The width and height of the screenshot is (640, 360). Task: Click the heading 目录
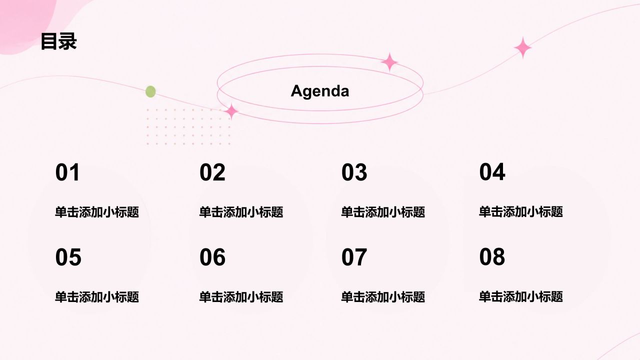[x=59, y=41]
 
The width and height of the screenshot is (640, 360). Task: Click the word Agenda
[x=320, y=91]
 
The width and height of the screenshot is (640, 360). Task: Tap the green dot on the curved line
[x=150, y=91]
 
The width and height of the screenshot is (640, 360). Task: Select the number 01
[x=67, y=172]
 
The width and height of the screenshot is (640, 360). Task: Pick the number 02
[x=212, y=172]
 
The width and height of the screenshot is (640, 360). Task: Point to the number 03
[x=354, y=172]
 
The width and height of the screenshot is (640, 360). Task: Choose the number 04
[x=492, y=171]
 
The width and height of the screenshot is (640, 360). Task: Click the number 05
[x=68, y=257]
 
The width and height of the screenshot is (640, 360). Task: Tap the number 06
[x=212, y=257]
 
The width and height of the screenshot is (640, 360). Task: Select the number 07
[x=354, y=257]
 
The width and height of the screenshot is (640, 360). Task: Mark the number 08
[x=492, y=256]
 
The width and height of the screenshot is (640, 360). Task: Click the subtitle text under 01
[x=97, y=212]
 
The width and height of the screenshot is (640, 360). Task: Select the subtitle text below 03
[x=383, y=212]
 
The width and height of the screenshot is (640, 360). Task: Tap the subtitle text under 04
[x=521, y=211]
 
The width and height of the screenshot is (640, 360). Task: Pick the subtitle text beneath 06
[x=241, y=297]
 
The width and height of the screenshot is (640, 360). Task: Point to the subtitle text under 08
[x=521, y=296]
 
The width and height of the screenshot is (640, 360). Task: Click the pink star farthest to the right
[x=523, y=47]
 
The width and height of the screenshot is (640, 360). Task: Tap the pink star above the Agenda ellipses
[x=389, y=61]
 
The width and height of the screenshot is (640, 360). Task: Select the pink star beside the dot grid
[x=231, y=111]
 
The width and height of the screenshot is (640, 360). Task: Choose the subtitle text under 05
[x=97, y=297]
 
